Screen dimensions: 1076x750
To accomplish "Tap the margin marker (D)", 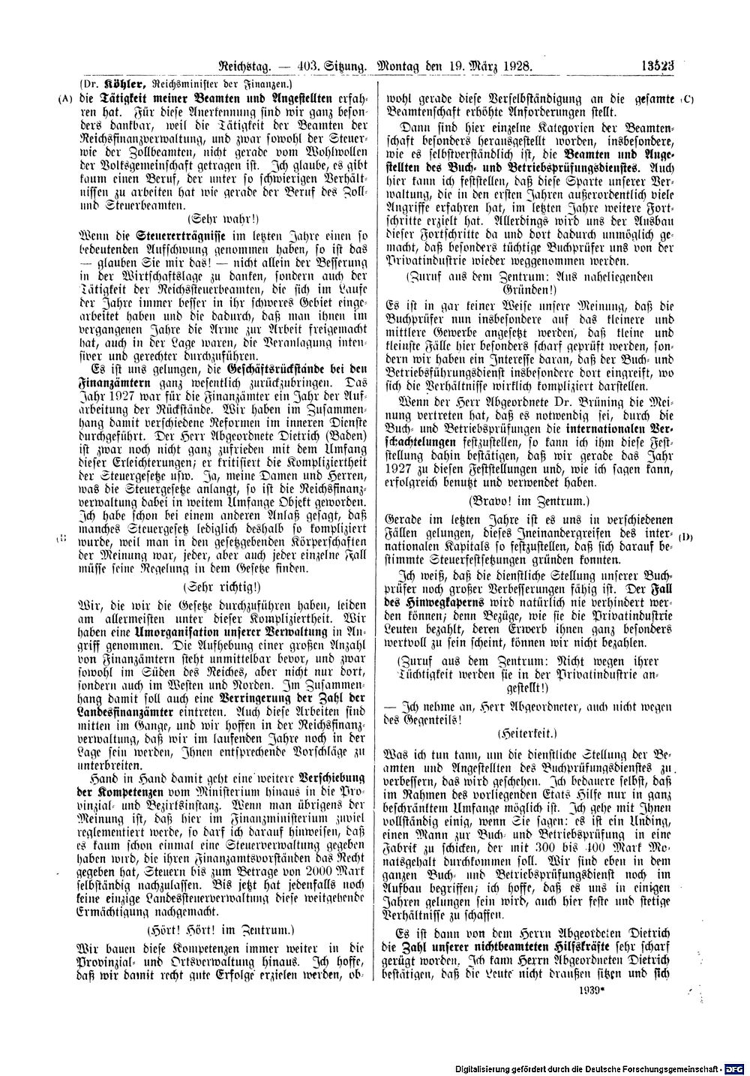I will coord(685,539).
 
